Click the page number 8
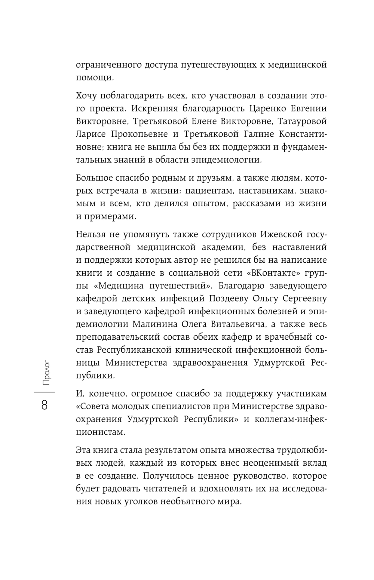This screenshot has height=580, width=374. point(45,405)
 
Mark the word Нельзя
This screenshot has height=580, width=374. point(91,234)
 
